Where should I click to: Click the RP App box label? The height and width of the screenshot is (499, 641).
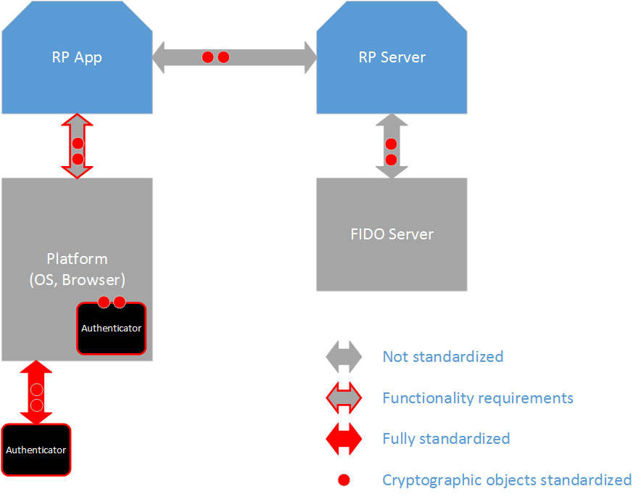[x=77, y=58]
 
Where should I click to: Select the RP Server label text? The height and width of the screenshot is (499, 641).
[x=392, y=58]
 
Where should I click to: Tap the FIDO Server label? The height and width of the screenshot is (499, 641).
[x=392, y=234]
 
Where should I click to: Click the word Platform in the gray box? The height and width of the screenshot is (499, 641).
[x=77, y=259]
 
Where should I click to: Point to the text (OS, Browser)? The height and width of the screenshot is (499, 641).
[x=77, y=278]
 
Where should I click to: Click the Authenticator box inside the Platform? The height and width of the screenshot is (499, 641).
[x=111, y=329]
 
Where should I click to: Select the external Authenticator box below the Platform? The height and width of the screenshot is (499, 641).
[x=36, y=450]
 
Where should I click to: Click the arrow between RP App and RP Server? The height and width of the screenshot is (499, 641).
[x=234, y=57]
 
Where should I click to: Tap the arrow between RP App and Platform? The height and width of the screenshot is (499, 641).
[x=78, y=146]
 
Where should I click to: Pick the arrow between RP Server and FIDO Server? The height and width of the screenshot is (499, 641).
[x=392, y=146]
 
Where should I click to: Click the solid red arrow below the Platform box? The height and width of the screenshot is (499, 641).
[x=36, y=392]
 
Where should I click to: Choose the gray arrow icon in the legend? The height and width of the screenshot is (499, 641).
[x=344, y=357]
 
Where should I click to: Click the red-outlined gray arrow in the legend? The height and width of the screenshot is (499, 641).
[x=344, y=398]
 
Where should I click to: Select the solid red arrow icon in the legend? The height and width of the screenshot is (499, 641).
[x=344, y=439]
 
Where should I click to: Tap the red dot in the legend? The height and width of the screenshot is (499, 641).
[x=344, y=479]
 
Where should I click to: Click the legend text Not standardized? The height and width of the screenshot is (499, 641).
[x=442, y=357]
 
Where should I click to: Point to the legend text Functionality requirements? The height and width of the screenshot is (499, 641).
[x=478, y=398]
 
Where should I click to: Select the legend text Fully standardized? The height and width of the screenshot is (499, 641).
[x=446, y=439]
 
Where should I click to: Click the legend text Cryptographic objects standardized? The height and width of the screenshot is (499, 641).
[x=507, y=480]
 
